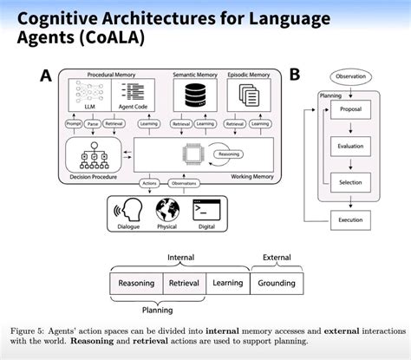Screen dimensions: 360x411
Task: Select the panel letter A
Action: click(x=46, y=76)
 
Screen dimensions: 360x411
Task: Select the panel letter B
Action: click(x=294, y=75)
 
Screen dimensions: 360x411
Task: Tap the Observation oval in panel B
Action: click(x=350, y=76)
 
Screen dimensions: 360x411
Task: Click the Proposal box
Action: click(x=350, y=111)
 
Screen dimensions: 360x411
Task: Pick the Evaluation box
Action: click(x=350, y=147)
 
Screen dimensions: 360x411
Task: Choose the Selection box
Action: click(x=350, y=182)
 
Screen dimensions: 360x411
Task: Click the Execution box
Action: click(x=350, y=219)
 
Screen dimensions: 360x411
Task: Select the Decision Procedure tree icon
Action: click(x=91, y=156)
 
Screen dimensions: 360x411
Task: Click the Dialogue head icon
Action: click(x=129, y=211)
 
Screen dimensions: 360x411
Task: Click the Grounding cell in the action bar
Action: click(x=277, y=283)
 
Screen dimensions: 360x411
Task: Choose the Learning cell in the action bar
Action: click(x=227, y=283)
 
